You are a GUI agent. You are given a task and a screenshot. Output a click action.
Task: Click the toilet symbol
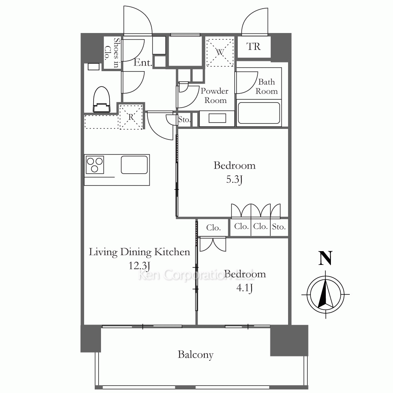[101, 99]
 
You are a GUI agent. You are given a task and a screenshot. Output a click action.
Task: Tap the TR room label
[253, 47]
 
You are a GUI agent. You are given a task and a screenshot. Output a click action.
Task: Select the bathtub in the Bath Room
[259, 113]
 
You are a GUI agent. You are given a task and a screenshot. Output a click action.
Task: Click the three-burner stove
[95, 165]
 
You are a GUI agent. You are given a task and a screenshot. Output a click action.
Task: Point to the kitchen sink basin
[134, 165]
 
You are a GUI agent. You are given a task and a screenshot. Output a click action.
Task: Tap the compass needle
[325, 294]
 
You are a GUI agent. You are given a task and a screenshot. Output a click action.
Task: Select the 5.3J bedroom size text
[234, 180]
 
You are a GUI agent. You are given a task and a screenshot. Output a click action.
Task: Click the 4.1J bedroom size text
[244, 288]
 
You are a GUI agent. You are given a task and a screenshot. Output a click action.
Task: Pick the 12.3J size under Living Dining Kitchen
[140, 266]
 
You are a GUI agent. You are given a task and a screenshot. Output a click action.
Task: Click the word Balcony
[196, 355]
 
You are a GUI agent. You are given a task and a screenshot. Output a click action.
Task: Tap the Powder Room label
[215, 95]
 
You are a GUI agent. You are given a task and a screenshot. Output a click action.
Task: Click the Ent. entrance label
[143, 62]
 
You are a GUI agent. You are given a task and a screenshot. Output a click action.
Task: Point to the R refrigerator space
[131, 117]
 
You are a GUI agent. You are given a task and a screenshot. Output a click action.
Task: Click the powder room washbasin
[217, 119]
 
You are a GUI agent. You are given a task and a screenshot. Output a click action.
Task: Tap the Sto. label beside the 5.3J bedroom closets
[279, 227]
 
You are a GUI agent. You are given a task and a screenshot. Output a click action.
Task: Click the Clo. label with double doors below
[213, 228]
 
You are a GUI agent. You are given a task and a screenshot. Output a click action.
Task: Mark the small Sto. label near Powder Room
[184, 119]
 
